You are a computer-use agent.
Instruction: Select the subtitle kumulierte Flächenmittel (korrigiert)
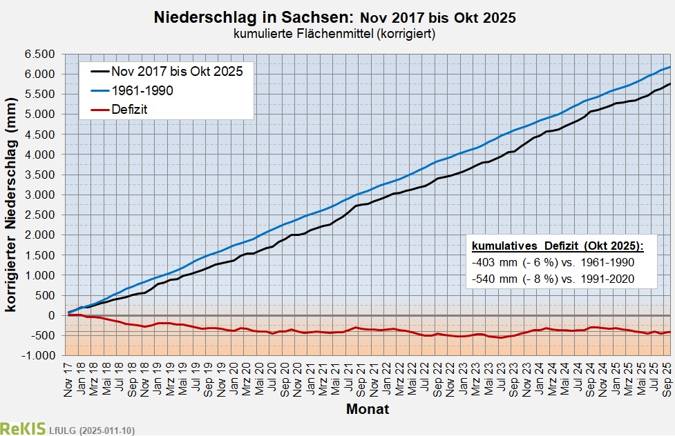click(338, 32)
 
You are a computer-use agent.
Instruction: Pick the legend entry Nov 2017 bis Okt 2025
click(177, 70)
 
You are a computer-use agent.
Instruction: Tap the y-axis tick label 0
click(51, 315)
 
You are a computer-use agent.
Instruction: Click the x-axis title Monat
click(368, 409)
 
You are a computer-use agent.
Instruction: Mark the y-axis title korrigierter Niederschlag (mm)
click(11, 204)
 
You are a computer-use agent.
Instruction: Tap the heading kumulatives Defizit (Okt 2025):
click(557, 246)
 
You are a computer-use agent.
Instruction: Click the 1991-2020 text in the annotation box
click(607, 279)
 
